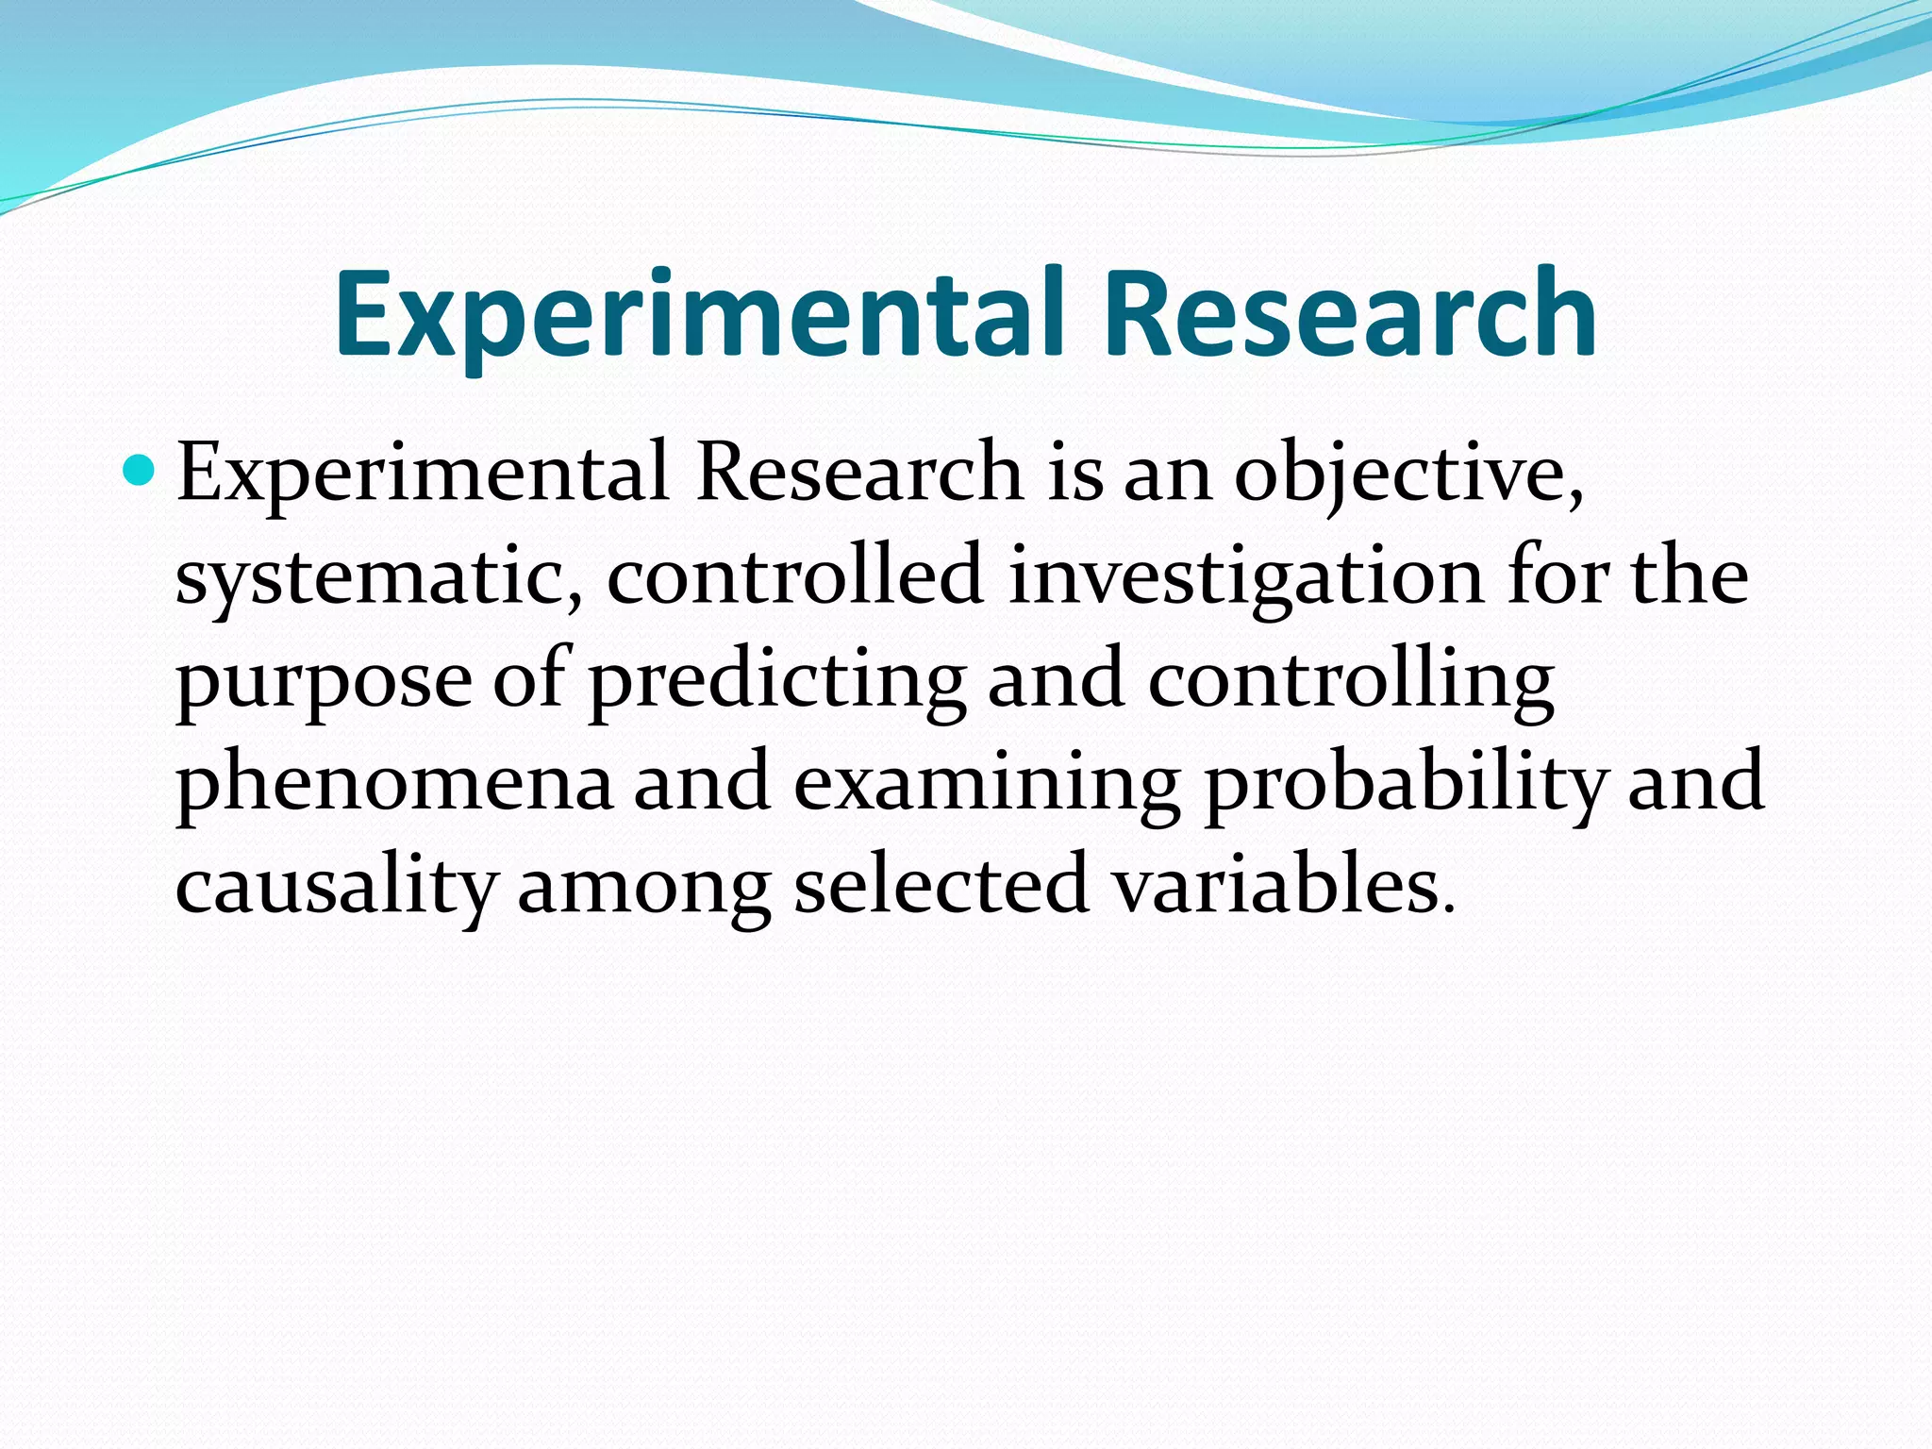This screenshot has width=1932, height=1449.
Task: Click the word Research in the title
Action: (x=1350, y=314)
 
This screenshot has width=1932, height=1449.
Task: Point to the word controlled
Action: (x=795, y=575)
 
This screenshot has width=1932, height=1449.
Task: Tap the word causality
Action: (x=335, y=887)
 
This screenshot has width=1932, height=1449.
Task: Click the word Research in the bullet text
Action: (x=859, y=473)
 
